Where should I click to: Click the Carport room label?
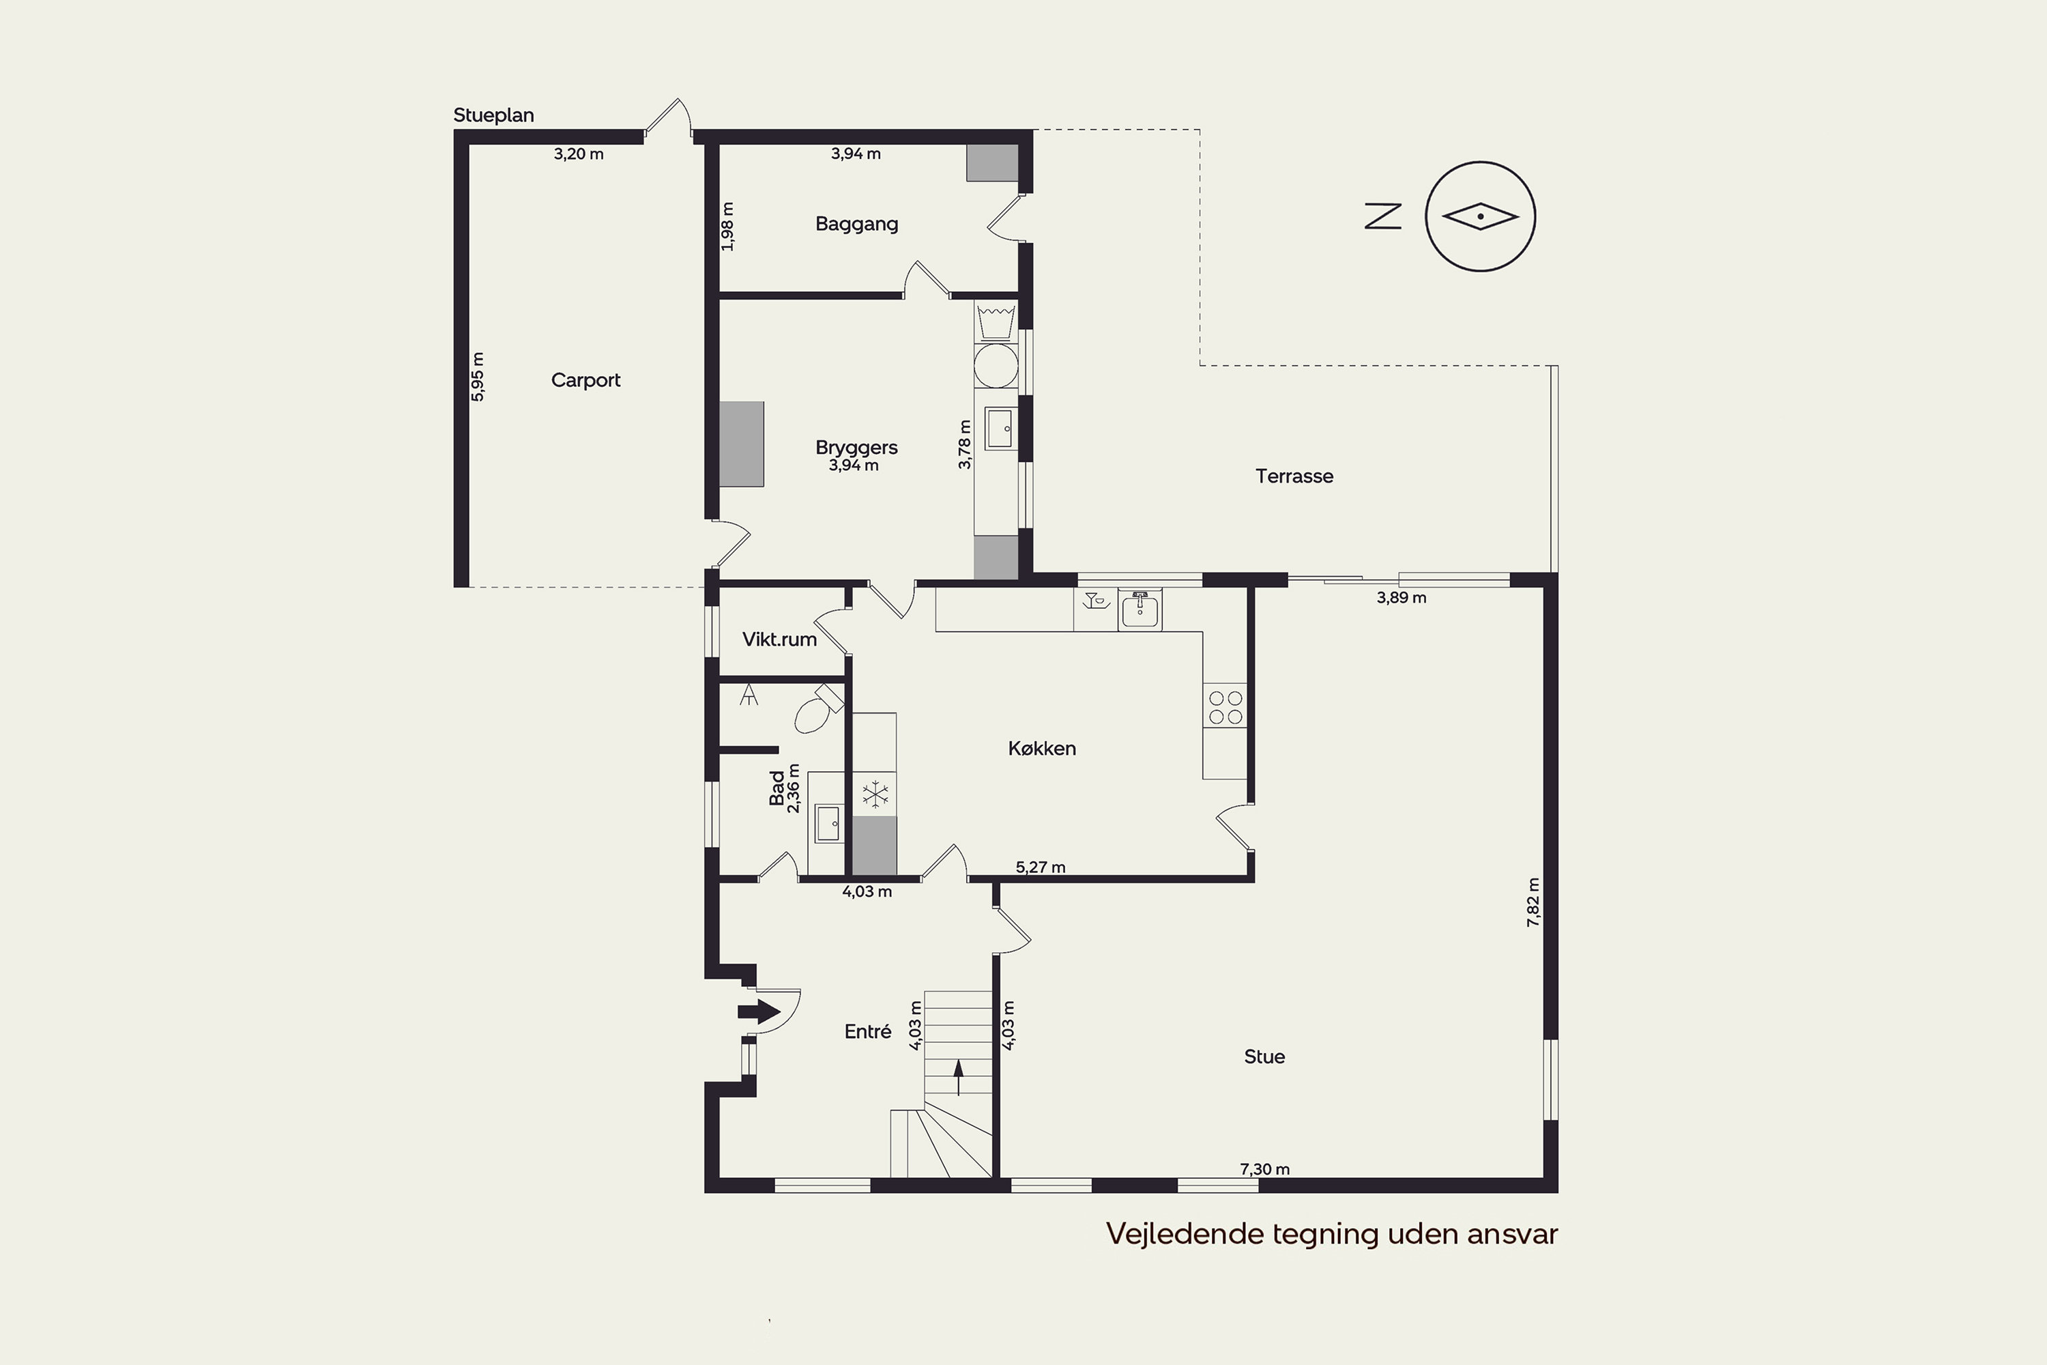pos(585,380)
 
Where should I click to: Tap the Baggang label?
pos(856,225)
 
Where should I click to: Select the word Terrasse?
pos(1294,476)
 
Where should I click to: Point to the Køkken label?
pos(1042,749)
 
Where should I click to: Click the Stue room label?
pos(1264,1057)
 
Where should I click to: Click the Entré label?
pos(868,1031)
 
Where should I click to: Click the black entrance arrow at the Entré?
pos(759,1011)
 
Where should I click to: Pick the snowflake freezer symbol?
pos(875,794)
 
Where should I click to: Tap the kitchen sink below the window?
pos(1139,609)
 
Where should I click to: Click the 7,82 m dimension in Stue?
pos(1533,902)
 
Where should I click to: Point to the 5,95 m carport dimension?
pos(478,377)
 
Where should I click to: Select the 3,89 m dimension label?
pos(1402,598)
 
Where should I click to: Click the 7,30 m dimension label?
pos(1264,1169)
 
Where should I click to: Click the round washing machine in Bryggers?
pos(996,366)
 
